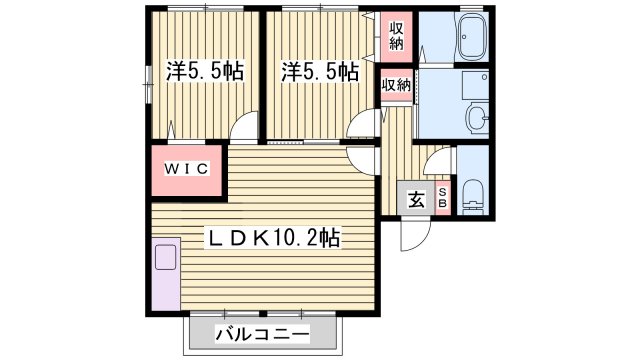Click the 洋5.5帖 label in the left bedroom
[x=205, y=72]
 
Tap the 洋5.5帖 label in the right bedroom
[x=320, y=72]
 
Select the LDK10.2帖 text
[x=273, y=238]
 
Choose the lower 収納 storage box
[x=396, y=85]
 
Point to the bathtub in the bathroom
[x=468, y=41]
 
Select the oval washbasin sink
[x=478, y=118]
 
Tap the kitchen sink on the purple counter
[x=165, y=257]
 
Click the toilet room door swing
[x=440, y=157]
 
